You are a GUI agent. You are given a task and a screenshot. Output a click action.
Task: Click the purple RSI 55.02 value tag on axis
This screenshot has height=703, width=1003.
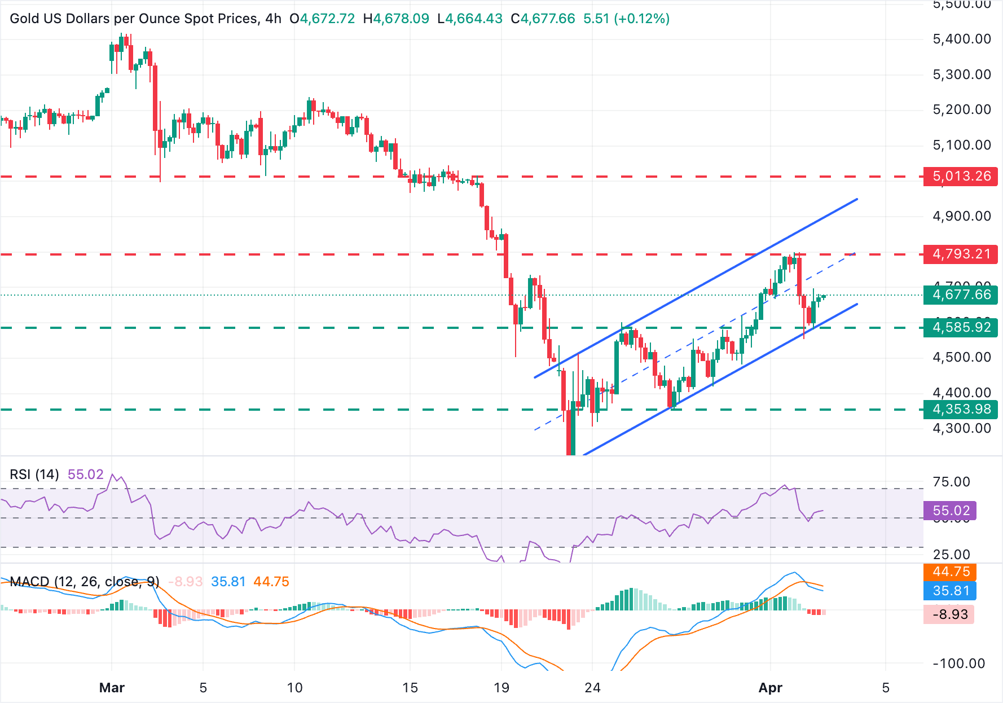[x=950, y=511]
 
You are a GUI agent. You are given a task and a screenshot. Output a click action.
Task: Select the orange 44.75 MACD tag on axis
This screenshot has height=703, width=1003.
[x=950, y=572]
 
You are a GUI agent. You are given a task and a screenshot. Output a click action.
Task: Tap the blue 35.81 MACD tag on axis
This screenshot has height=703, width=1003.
[x=950, y=591]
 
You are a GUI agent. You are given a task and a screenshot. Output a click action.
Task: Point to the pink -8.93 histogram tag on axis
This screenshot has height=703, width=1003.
[x=950, y=614]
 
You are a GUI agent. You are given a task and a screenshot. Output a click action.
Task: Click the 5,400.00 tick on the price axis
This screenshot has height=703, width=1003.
[x=962, y=39]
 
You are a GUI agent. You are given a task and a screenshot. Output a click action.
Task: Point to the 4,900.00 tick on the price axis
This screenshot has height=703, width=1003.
[x=962, y=216]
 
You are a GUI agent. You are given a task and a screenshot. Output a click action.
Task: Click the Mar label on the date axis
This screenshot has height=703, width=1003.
[x=112, y=688]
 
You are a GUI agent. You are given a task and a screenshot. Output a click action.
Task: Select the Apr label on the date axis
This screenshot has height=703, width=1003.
[x=770, y=688]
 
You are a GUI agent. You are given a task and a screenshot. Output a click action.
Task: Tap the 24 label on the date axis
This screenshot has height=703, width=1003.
[x=592, y=688]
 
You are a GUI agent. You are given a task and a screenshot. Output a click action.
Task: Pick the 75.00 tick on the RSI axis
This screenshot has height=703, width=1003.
[x=951, y=482]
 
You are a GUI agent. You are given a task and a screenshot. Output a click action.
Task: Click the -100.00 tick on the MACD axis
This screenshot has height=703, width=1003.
[x=958, y=664]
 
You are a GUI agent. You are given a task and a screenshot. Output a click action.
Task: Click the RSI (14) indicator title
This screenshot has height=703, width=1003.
[x=34, y=474]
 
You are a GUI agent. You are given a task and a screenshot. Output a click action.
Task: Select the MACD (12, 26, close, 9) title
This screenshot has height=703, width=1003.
[x=85, y=582]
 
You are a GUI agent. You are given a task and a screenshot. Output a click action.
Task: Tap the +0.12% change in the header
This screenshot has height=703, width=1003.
[x=641, y=19]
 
